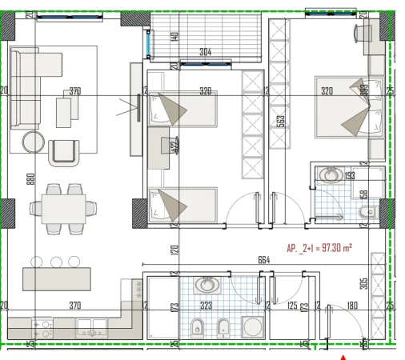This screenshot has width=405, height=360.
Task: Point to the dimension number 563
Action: click(x=282, y=120)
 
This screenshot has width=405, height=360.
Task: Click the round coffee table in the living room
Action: click(x=34, y=142)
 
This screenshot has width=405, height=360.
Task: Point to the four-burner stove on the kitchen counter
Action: click(x=42, y=327)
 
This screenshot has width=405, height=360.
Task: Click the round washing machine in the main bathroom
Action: click(x=253, y=327)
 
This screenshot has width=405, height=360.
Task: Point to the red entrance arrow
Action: click(x=344, y=355)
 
